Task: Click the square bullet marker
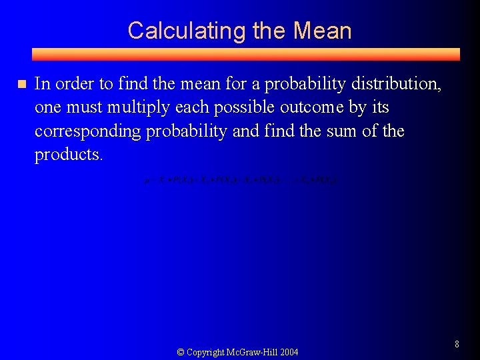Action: tap(21, 84)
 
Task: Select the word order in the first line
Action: tap(73, 84)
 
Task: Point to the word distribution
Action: tap(399, 84)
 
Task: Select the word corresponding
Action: tap(87, 131)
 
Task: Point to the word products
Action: tap(69, 155)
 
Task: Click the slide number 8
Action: tap(457, 344)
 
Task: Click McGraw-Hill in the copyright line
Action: tap(249, 352)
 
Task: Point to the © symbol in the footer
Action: tap(180, 352)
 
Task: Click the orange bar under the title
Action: tap(245, 54)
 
